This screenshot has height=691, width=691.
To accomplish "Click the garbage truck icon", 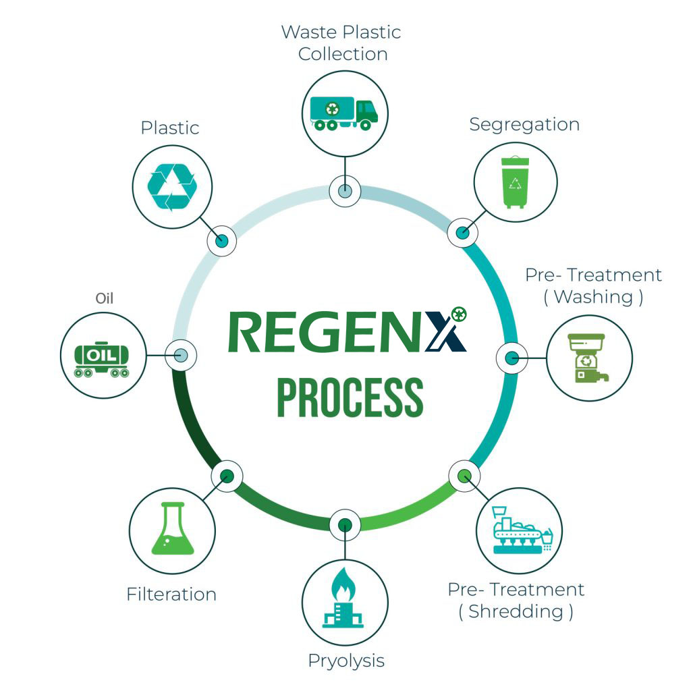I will [x=344, y=112].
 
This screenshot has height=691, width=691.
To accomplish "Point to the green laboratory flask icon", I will [x=172, y=530].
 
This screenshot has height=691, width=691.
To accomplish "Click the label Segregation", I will [x=524, y=125].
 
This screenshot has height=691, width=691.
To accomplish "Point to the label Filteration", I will [x=171, y=595].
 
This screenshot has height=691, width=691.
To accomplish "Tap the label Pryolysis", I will [x=346, y=661].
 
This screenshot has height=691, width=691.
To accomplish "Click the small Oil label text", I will [x=104, y=298].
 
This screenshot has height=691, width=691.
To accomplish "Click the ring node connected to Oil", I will [x=182, y=355].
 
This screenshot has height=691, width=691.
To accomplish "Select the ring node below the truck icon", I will [x=344, y=191].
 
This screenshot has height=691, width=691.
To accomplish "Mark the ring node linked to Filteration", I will [x=227, y=476].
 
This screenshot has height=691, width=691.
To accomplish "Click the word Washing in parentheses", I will [x=593, y=297].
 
